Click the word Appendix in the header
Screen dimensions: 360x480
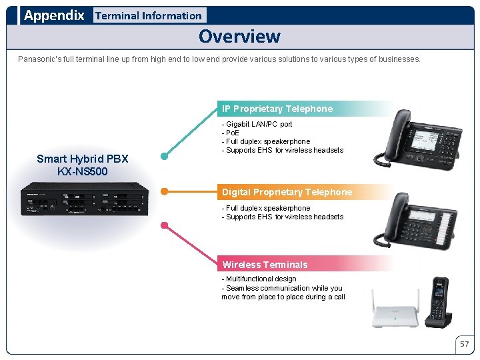(54, 15)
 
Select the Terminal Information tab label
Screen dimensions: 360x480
(148, 15)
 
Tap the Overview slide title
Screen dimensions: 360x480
(239, 36)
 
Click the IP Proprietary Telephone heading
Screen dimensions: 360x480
(277, 109)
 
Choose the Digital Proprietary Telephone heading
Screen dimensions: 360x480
(287, 192)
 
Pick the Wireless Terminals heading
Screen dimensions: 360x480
(265, 265)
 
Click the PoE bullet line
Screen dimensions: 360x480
(233, 133)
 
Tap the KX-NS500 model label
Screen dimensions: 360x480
(83, 171)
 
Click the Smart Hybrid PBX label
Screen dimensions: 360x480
(83, 159)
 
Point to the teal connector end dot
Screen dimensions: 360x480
(164, 157)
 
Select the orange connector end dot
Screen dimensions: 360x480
(164, 191)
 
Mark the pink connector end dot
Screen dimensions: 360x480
(164, 226)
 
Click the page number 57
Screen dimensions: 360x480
(464, 344)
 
